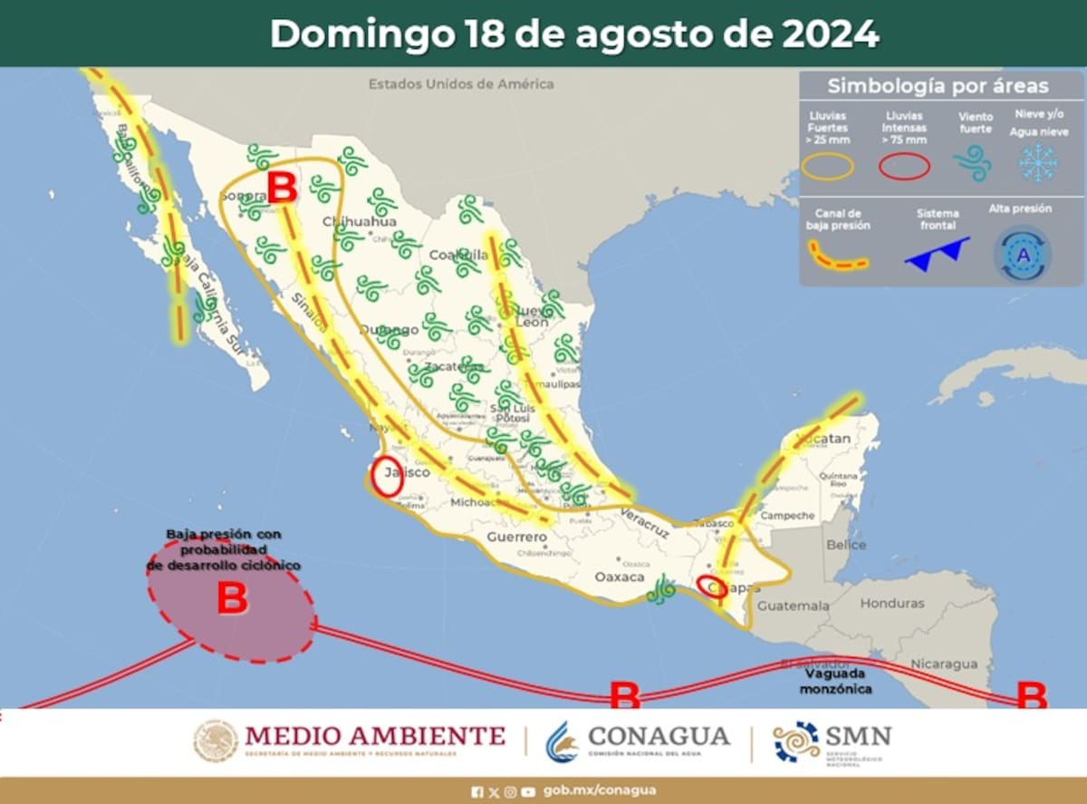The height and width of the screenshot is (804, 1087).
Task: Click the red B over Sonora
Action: (x=282, y=189)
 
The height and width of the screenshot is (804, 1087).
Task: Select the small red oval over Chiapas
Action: (x=711, y=586)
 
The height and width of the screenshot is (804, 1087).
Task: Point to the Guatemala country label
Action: (x=793, y=605)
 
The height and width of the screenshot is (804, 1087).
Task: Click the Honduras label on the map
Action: (x=892, y=603)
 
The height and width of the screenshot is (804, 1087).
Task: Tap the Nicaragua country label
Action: (x=945, y=664)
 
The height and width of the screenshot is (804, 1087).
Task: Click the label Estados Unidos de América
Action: (x=460, y=84)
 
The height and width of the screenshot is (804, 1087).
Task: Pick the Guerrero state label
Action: (x=517, y=537)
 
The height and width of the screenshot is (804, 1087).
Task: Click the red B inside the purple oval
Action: (x=233, y=600)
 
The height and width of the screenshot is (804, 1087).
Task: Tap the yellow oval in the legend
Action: (x=828, y=166)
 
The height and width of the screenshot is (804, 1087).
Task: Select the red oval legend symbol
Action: (x=903, y=166)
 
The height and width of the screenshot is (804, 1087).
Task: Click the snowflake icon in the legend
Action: (x=1037, y=162)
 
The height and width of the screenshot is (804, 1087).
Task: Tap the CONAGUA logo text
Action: (x=658, y=735)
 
